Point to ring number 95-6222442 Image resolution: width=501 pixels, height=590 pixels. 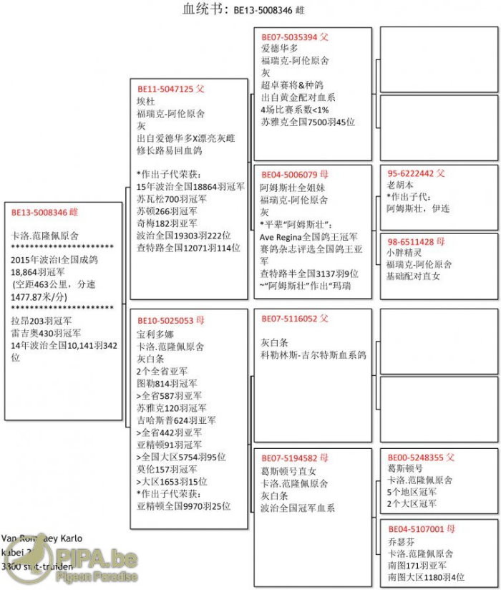pyautogui.click(x=412, y=173)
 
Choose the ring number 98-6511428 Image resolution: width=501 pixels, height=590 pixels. pyautogui.click(x=412, y=241)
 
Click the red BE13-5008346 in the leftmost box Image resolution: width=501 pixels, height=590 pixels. pyautogui.click(x=39, y=212)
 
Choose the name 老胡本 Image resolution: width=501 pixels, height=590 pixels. pyautogui.click(x=399, y=185)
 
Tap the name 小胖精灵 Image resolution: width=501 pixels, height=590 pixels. pyautogui.click(x=404, y=253)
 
